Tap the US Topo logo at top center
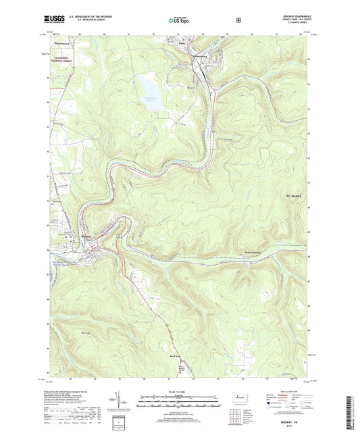[179, 21]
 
